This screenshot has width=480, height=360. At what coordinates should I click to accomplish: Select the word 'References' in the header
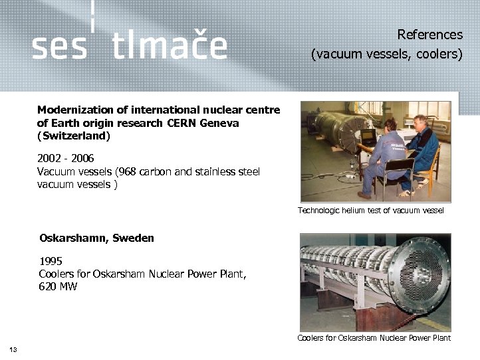point(429,35)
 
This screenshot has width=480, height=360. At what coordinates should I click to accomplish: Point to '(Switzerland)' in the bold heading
point(74,135)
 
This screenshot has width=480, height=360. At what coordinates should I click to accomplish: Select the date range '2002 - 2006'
point(66,159)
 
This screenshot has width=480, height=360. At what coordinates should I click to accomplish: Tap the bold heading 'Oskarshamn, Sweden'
point(96,238)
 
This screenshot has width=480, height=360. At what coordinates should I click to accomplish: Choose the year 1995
point(51,261)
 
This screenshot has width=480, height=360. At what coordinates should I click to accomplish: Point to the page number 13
point(13,350)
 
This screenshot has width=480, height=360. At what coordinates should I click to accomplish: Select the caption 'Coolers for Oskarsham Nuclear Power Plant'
point(374,338)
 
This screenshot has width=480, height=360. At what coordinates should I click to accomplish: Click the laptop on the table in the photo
point(368,137)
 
